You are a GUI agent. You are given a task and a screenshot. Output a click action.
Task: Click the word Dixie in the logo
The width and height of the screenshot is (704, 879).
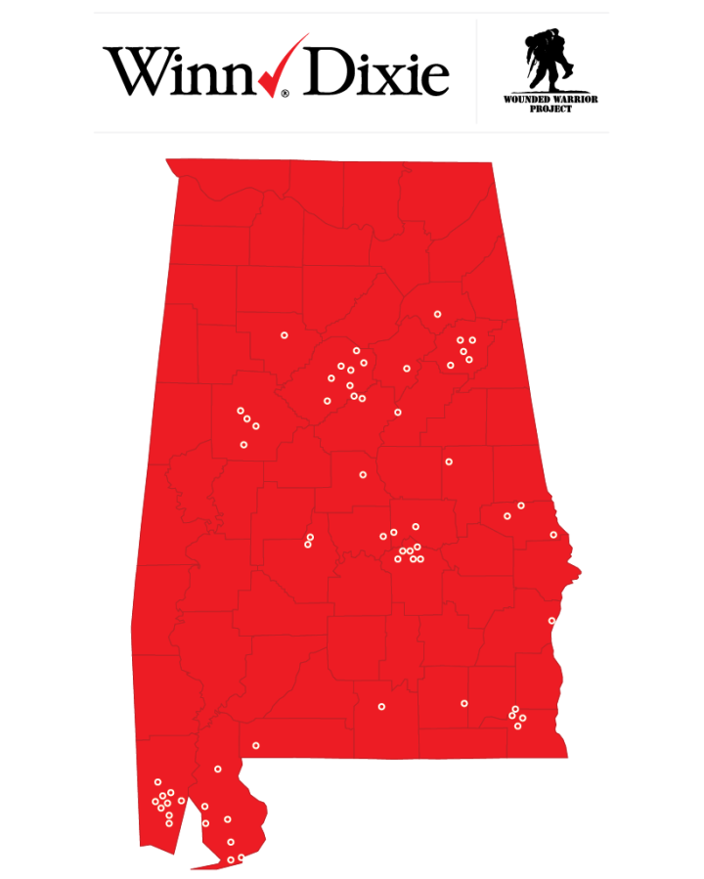376,71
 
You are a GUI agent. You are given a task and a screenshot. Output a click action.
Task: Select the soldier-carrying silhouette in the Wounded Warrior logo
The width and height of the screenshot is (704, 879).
537,61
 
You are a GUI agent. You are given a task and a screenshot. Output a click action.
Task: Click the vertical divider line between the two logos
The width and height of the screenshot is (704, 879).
476,71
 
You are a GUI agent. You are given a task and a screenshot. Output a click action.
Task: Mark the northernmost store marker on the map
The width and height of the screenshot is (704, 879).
437,314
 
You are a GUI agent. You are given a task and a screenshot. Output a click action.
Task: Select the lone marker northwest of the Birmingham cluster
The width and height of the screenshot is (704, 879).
285,335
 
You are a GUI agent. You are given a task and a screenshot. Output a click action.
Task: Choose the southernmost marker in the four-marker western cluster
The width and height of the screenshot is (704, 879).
243,445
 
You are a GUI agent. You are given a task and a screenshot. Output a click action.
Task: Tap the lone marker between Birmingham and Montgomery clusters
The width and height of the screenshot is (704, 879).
363,475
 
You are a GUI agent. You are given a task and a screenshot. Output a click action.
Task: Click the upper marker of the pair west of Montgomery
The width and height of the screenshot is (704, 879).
310,537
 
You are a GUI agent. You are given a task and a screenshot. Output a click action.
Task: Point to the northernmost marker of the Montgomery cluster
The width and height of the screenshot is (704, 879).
416,527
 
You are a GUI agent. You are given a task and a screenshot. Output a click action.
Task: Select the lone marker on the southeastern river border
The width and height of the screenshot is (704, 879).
551,621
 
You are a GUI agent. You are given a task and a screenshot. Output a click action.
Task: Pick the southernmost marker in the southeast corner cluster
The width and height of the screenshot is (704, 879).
517,725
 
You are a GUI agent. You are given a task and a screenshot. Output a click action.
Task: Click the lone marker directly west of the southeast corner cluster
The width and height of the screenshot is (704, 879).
464,703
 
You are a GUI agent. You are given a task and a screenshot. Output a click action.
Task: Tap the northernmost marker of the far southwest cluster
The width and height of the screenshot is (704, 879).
157,781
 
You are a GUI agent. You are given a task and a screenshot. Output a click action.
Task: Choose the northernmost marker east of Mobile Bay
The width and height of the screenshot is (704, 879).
218,769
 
